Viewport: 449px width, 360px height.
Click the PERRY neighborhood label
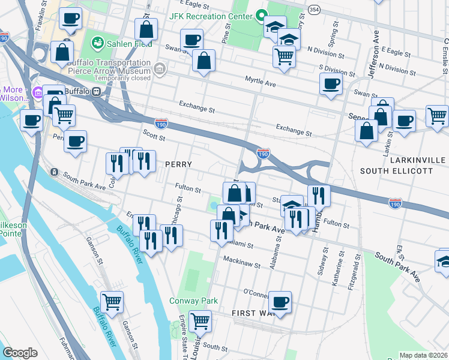pyautogui.click(x=178, y=164)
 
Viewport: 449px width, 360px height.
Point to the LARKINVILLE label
pyautogui.click(x=417, y=161)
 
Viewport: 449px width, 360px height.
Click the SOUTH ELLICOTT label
pyautogui.click(x=396, y=171)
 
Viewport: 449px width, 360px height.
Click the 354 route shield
pyautogui.click(x=314, y=10)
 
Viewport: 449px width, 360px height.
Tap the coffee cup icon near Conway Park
pyautogui.click(x=280, y=301)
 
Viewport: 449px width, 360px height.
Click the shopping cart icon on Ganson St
pyautogui.click(x=112, y=302)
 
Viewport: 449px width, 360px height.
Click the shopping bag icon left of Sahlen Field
pyautogui.click(x=62, y=52)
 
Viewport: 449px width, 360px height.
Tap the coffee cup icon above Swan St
pyautogui.click(x=192, y=40)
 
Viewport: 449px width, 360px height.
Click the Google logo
pyautogui.click(x=20, y=353)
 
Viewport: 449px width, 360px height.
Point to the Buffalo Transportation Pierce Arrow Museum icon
pyautogui.click(x=160, y=70)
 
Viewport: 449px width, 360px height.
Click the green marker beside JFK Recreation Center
pyautogui.click(x=261, y=15)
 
